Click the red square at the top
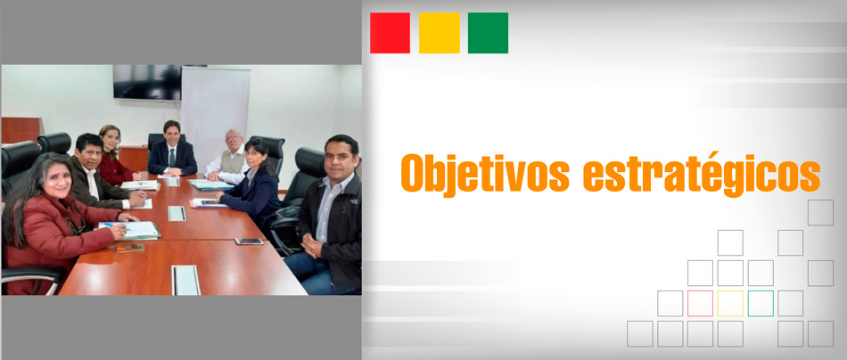pos(390,33)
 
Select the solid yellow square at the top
pos(440,33)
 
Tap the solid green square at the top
pos(488,33)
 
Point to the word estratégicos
pos(702,173)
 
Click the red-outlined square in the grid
pos(700,303)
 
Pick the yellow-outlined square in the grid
pos(730,303)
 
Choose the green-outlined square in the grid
pos(761,303)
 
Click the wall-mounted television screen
pos(147,82)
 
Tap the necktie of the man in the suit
pos(172,158)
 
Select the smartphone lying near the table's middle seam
pos(249,241)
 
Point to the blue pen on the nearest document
pos(113,226)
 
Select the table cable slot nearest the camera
pos(185,280)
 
